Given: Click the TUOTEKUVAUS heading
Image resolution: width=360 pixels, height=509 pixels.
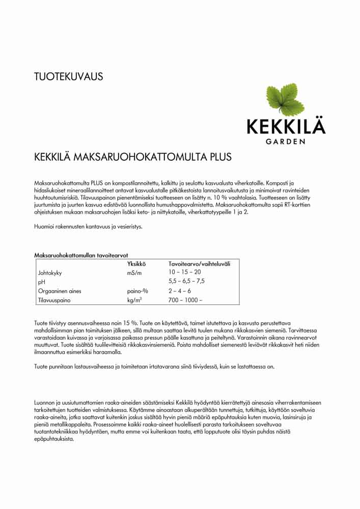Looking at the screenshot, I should (69, 77).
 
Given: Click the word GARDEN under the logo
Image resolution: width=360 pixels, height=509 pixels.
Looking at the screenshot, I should (286, 141).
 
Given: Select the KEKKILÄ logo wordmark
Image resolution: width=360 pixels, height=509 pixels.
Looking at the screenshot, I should (286, 126).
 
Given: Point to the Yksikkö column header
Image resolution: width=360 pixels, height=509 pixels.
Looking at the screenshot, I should (136, 264).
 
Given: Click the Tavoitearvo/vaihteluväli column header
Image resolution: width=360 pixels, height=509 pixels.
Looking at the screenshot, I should (199, 264).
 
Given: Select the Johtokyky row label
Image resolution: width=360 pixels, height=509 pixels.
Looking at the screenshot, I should (50, 273).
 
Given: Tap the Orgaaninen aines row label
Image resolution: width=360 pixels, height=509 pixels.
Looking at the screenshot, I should (60, 291).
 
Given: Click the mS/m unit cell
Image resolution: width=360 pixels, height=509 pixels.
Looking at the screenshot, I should (135, 273).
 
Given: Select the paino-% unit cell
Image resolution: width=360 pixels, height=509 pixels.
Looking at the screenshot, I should (137, 291).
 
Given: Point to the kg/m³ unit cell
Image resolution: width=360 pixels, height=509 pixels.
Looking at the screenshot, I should (134, 300).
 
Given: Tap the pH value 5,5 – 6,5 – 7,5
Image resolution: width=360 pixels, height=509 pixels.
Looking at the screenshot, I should (186, 281).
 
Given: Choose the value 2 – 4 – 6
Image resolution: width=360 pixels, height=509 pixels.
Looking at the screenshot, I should (180, 291).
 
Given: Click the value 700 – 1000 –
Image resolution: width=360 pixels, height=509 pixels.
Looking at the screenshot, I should (185, 300).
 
